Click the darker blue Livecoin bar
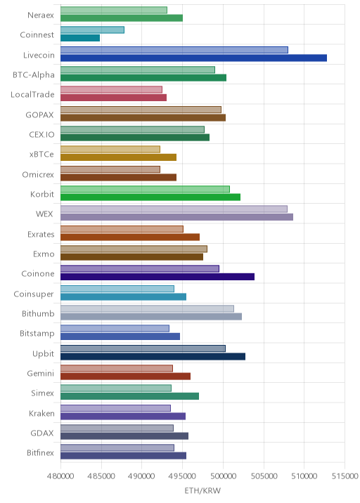pos(193,58)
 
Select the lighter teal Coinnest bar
pos(93,30)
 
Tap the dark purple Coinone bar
pos(157,277)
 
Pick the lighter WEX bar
pos(174,209)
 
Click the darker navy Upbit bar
pos(153,356)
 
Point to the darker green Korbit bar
pos(150,197)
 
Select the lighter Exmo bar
pos(134,249)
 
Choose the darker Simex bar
pos(130,396)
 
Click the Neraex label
pos(41,15)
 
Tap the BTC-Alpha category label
pos(34,74)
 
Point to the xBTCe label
pos(41,155)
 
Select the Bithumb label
pos(38,313)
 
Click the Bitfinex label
pos(41,452)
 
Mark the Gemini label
pos(41,374)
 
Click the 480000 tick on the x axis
pos(60,476)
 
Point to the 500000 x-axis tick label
pos(223,476)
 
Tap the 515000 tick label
pos(345,476)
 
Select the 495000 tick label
pos(182,476)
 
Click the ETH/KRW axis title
pos(202,490)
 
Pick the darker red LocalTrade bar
pos(114,98)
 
